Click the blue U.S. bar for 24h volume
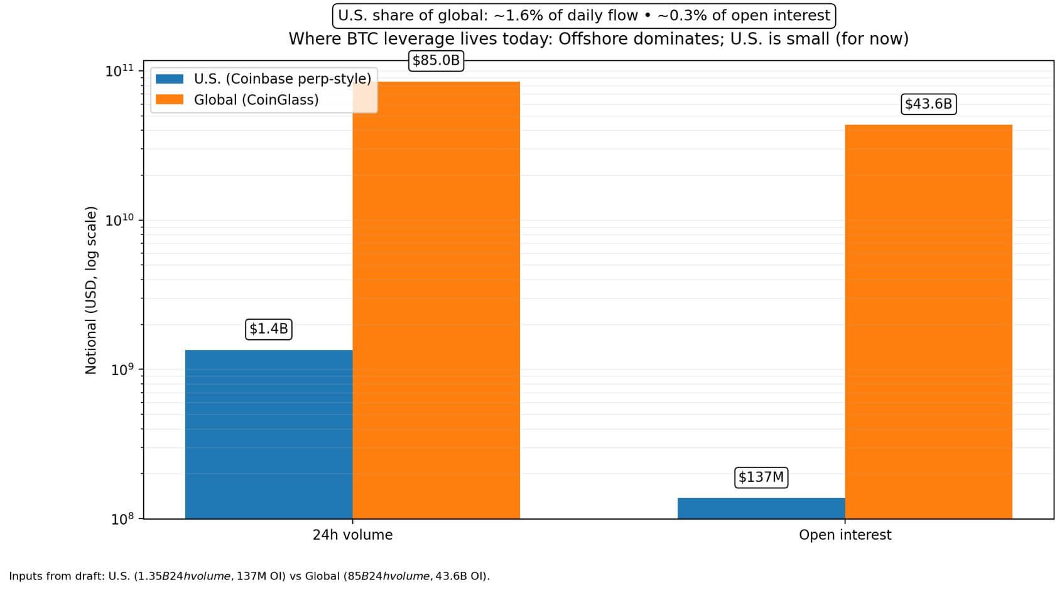click(269, 434)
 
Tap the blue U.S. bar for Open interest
click(761, 508)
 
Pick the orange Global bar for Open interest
click(928, 321)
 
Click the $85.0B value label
click(436, 61)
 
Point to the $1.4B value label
click(269, 329)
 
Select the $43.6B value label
click(928, 104)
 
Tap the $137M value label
click(761, 478)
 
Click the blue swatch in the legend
click(170, 79)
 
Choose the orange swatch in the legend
click(170, 100)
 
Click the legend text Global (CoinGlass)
click(256, 100)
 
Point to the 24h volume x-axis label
click(352, 535)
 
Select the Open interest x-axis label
click(845, 535)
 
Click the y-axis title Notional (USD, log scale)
click(91, 290)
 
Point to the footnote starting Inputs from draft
click(249, 576)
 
